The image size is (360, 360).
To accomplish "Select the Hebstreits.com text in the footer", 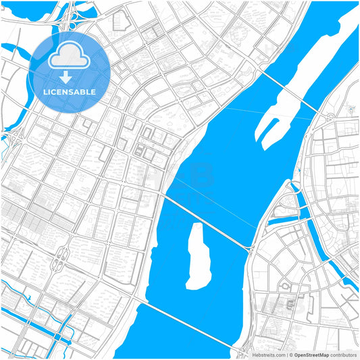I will [x=269, y=355].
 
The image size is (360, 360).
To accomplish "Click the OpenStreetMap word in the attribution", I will [x=311, y=355].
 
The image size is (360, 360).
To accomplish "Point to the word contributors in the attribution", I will [x=344, y=355].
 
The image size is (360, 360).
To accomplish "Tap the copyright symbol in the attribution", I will [x=289, y=355].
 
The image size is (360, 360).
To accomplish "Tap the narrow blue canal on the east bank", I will [x=307, y=216].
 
